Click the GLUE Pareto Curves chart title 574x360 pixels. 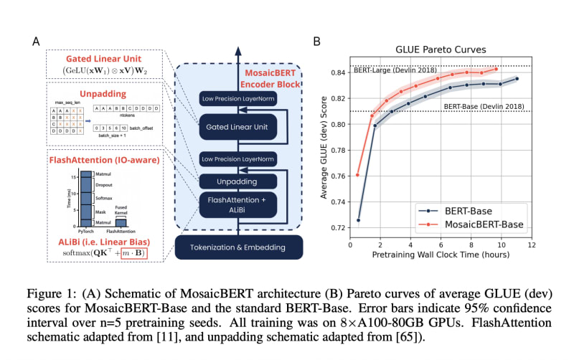pos(441,50)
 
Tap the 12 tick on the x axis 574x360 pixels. pos(531,245)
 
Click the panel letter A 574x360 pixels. pos(36,42)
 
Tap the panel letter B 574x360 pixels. pos(316,42)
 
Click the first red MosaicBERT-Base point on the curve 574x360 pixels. pos(358,175)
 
